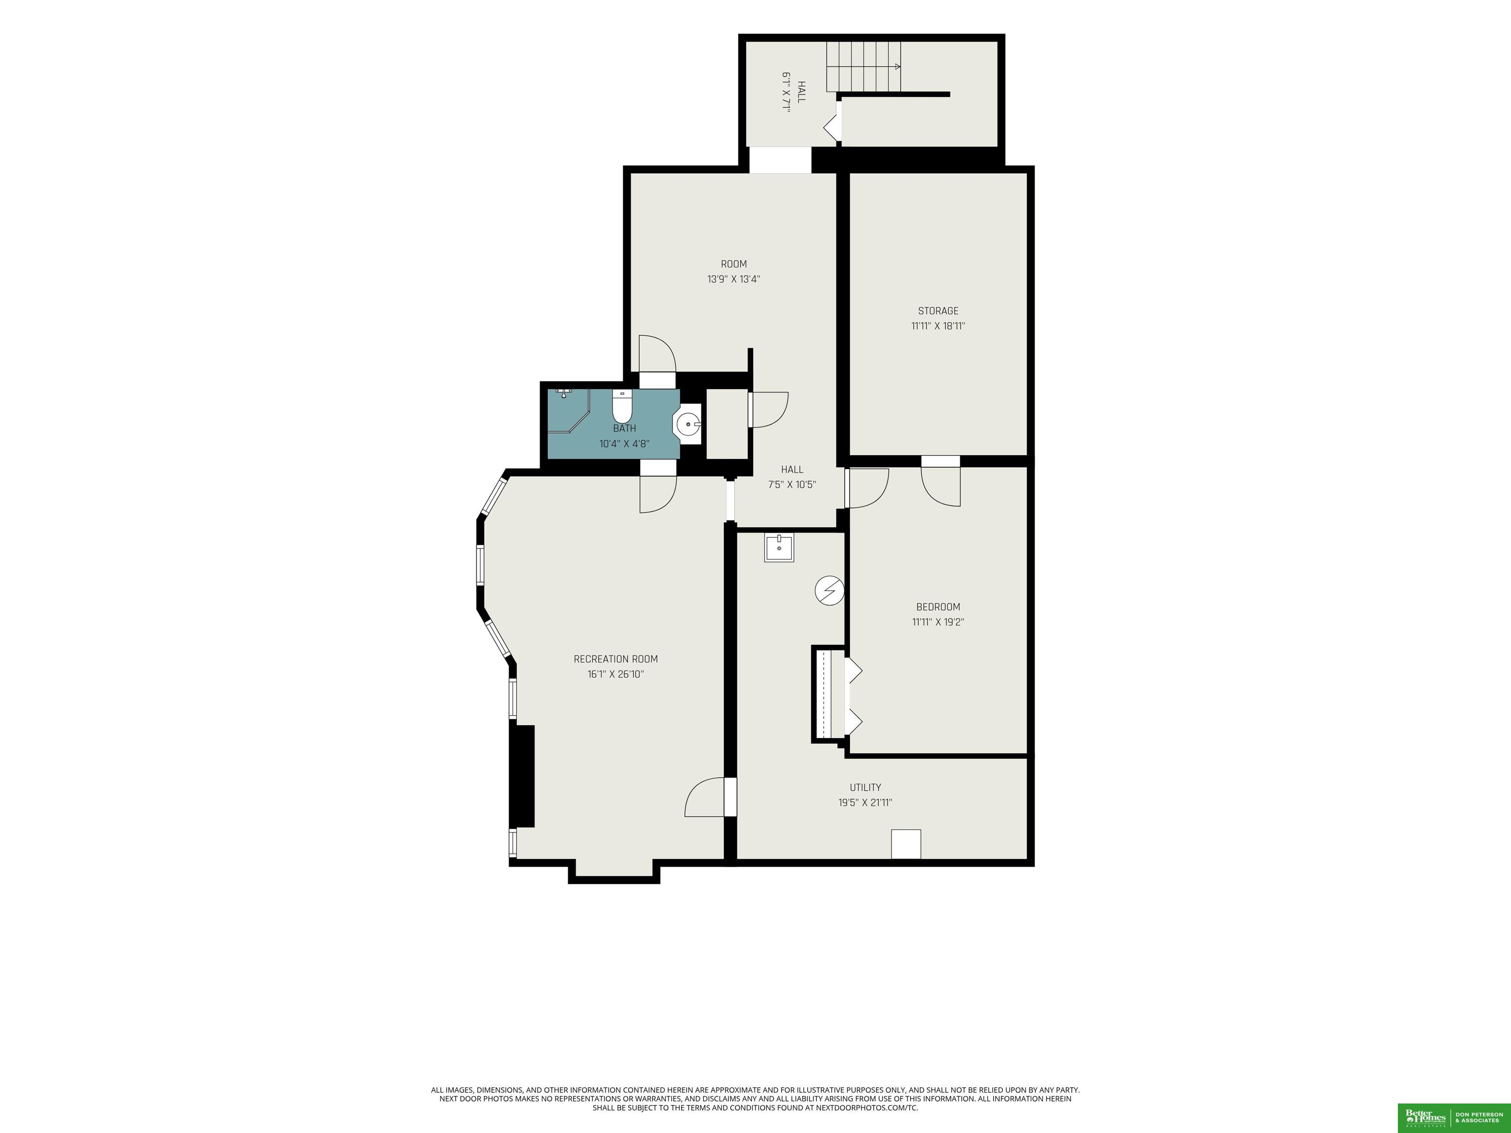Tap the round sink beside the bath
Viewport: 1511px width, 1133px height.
click(688, 424)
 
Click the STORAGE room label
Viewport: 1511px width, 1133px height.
click(938, 311)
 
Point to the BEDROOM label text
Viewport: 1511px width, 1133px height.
click(938, 606)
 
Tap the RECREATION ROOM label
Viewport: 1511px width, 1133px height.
click(615, 659)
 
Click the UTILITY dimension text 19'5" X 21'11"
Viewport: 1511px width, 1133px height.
click(866, 803)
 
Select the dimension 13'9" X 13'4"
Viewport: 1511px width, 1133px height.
click(734, 279)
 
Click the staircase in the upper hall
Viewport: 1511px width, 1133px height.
click(864, 66)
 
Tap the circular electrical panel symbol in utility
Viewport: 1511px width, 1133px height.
click(830, 590)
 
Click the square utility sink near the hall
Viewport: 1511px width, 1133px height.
click(779, 548)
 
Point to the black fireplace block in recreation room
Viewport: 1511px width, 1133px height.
click(522, 776)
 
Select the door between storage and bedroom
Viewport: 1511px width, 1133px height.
click(940, 481)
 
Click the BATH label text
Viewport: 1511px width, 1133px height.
click(624, 428)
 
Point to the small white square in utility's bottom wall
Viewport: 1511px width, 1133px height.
click(906, 844)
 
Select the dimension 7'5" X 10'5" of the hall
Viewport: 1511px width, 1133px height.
click(792, 484)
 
